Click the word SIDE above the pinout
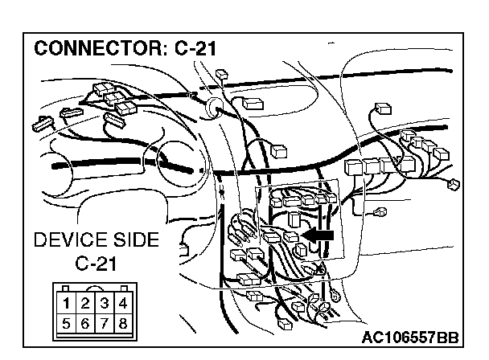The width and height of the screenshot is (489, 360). tap(134, 240)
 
